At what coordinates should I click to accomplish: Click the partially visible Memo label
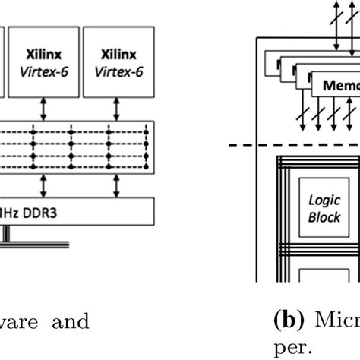[341, 86]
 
